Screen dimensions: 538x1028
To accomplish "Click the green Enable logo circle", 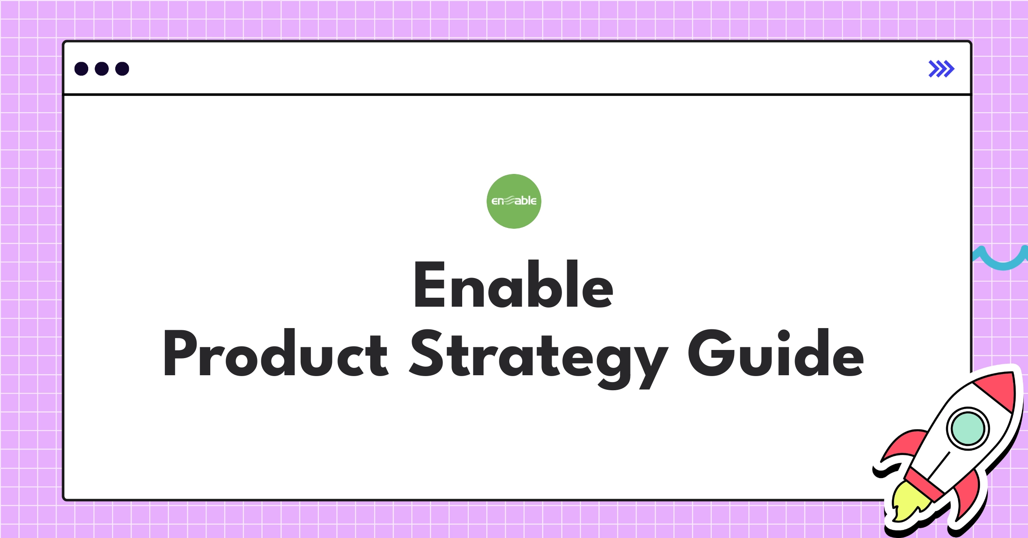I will pyautogui.click(x=514, y=201).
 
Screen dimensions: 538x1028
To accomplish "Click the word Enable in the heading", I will pyautogui.click(x=513, y=285).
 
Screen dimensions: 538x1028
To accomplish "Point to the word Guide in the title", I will pyautogui.click(x=776, y=354).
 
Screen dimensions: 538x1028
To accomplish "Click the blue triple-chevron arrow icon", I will pyautogui.click(x=941, y=69).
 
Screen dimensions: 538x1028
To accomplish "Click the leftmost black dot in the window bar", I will pyautogui.click(x=81, y=69).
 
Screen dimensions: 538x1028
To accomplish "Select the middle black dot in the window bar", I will pyautogui.click(x=102, y=69).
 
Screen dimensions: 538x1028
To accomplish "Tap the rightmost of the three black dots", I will pyautogui.click(x=122, y=69).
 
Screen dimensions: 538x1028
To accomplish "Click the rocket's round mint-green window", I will pyautogui.click(x=968, y=428).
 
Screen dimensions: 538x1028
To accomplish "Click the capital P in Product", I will pyautogui.click(x=180, y=353).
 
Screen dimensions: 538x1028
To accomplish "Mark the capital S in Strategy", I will pyautogui.click(x=426, y=353).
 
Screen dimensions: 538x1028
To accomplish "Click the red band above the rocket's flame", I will pyautogui.click(x=925, y=484).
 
